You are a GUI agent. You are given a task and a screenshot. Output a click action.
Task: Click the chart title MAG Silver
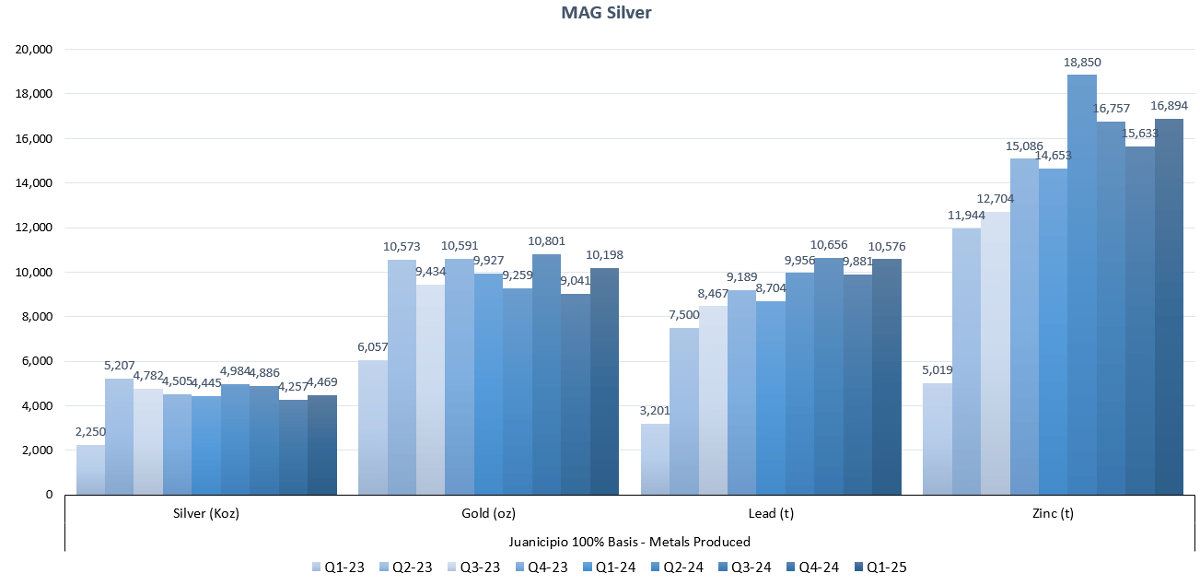(600, 13)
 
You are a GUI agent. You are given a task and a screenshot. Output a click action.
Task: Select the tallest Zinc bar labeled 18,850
(1082, 286)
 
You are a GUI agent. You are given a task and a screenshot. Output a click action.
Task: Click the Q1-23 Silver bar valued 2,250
(90, 470)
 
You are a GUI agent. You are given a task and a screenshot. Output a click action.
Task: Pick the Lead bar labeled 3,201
(655, 459)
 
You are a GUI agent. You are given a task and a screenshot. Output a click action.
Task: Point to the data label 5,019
(937, 371)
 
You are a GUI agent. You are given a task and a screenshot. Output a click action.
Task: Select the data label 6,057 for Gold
(373, 348)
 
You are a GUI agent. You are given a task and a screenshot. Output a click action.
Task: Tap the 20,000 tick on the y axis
(35, 50)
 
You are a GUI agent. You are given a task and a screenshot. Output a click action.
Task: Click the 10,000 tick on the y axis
(35, 273)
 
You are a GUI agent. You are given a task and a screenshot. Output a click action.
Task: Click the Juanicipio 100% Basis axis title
(630, 542)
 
